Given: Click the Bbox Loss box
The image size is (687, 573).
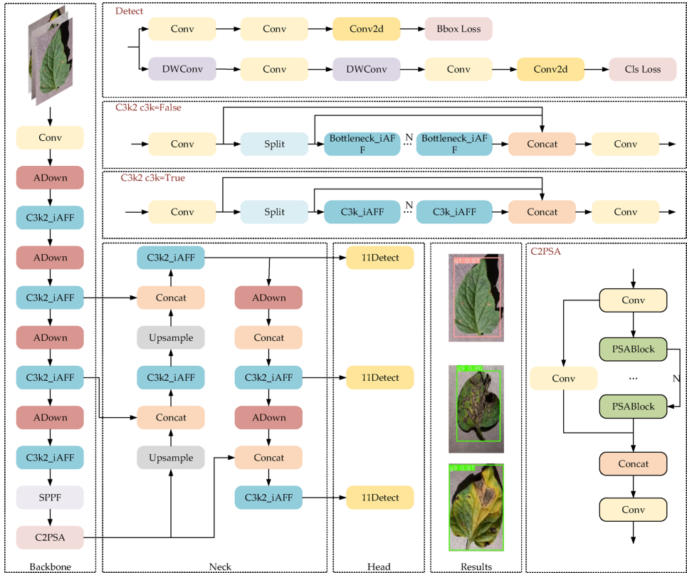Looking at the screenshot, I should [x=458, y=29].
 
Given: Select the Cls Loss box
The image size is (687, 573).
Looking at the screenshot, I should [x=642, y=69].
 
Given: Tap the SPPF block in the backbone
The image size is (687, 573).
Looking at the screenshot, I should [x=50, y=497].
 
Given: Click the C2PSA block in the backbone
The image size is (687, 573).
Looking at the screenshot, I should [x=50, y=537].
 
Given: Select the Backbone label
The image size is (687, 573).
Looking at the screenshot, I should [x=50, y=566].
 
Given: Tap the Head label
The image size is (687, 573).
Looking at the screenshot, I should [x=379, y=566].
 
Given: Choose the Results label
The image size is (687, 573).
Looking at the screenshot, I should [x=476, y=566].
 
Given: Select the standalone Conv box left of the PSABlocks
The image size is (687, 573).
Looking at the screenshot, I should [x=563, y=377].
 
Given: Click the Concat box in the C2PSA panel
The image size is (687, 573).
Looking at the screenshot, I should [x=633, y=463].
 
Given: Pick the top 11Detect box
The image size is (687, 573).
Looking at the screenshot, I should [x=379, y=258].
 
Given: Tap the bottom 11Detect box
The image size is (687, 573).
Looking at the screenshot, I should [x=379, y=498].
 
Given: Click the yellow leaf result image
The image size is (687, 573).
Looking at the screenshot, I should [x=476, y=506].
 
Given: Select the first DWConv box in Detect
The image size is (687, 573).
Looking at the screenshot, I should [x=182, y=69].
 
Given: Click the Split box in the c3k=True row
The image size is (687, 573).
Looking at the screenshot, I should [x=274, y=212].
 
